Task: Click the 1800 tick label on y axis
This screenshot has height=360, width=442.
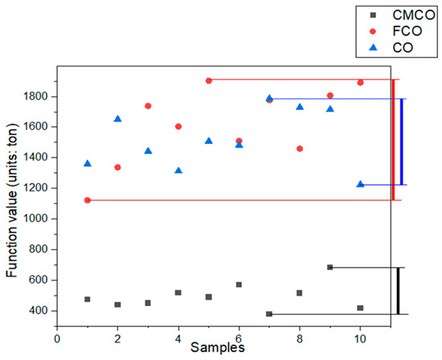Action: (x=34, y=96)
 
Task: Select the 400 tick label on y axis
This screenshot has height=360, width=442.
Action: (x=37, y=311)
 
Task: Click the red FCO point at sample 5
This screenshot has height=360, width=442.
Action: (x=209, y=80)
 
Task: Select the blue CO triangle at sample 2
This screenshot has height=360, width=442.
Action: (x=118, y=119)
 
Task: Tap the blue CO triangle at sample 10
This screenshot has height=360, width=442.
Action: (x=360, y=184)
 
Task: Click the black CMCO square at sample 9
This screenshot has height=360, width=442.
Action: (x=329, y=268)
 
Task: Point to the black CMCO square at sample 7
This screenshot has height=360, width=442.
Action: (x=269, y=314)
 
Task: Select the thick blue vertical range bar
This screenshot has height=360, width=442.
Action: (x=401, y=141)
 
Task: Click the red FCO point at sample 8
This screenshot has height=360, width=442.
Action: (x=300, y=149)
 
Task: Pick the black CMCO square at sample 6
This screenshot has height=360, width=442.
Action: (x=239, y=284)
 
